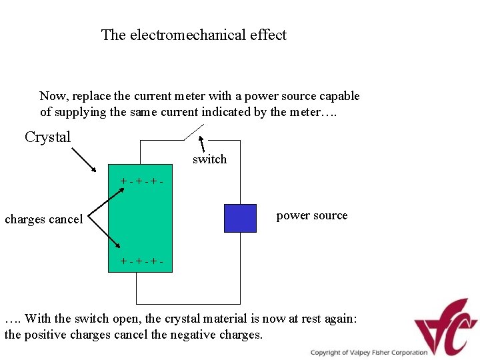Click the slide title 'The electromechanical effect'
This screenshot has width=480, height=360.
[193, 35]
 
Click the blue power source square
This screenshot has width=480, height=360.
[240, 218]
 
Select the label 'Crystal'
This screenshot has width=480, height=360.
[47, 137]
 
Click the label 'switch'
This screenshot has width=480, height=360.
[209, 159]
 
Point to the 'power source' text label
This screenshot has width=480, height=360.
[312, 215]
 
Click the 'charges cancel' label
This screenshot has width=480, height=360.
[44, 219]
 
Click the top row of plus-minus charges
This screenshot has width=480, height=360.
[141, 181]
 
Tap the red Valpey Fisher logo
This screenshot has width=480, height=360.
[445, 327]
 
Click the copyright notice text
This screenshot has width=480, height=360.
[369, 353]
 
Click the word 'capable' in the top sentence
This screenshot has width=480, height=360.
[337, 96]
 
